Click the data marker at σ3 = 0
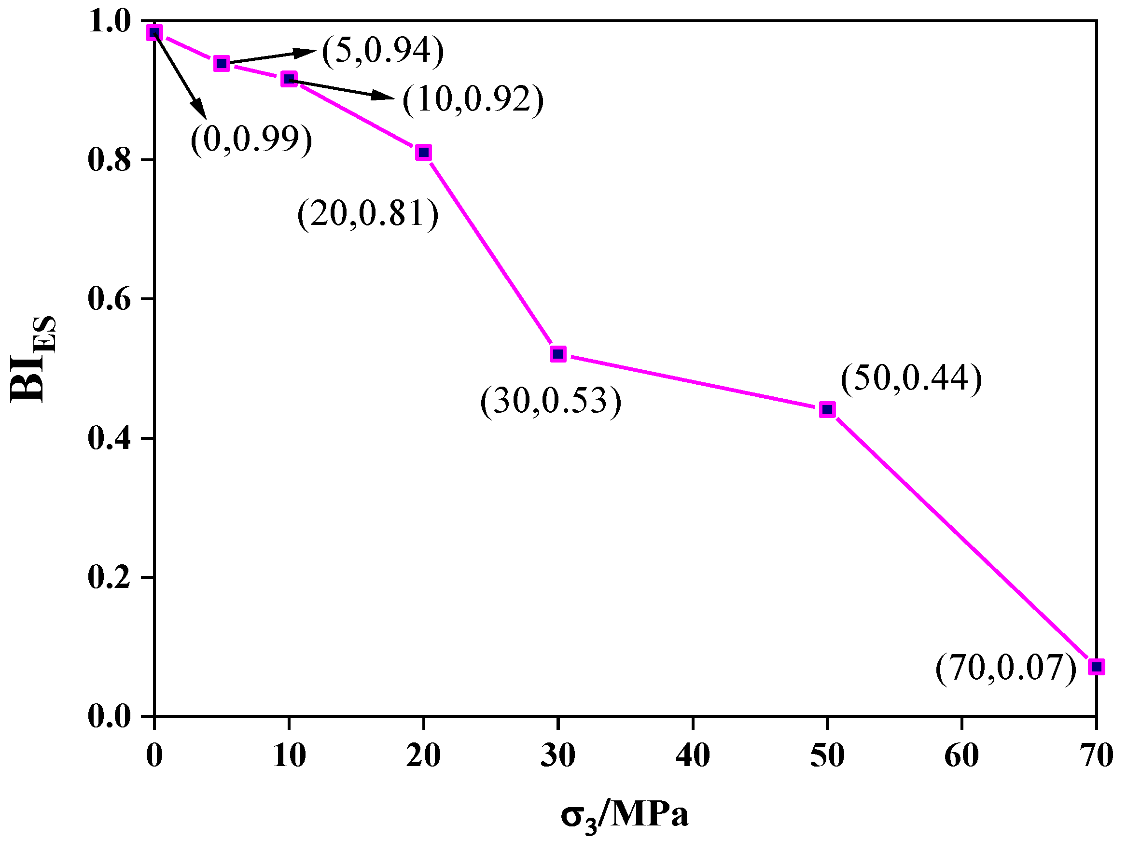[x=154, y=33]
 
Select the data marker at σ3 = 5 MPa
[x=222, y=64]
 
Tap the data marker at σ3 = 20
[x=423, y=152]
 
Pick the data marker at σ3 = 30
[x=558, y=354]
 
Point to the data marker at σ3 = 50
[x=828, y=409]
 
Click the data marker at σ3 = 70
[x=1097, y=667]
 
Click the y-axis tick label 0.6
[x=109, y=299]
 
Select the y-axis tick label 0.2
[x=109, y=577]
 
